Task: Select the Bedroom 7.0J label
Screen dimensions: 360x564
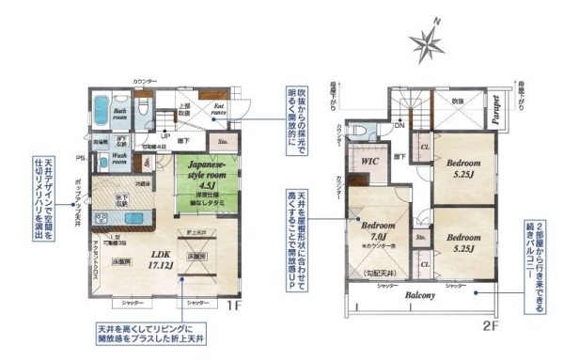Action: click(x=380, y=231)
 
